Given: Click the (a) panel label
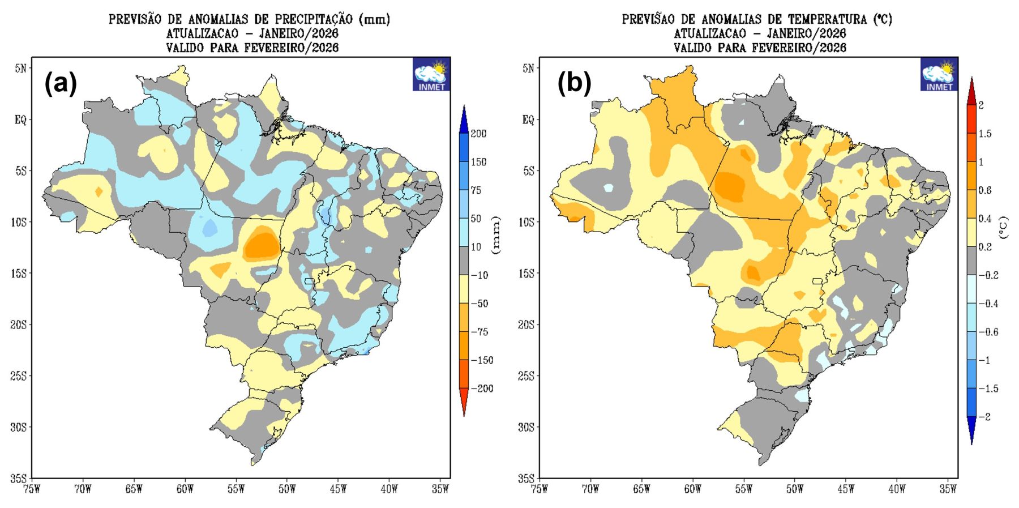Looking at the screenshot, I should click(x=60, y=84).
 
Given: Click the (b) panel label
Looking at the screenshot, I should click(x=573, y=84).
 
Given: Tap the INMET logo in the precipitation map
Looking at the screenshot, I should click(x=431, y=74).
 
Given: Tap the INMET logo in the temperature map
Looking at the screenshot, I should click(x=939, y=74).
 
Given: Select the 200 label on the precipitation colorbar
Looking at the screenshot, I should click(x=478, y=134).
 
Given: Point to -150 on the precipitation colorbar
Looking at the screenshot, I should click(x=481, y=360).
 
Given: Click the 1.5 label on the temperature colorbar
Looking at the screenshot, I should click(x=984, y=134).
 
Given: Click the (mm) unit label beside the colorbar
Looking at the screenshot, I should click(x=496, y=234).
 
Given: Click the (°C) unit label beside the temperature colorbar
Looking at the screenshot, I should click(x=1004, y=227).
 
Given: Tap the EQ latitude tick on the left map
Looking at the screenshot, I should click(x=20, y=120).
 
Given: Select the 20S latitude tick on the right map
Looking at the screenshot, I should click(x=526, y=325).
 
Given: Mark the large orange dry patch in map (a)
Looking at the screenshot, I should click(x=263, y=244).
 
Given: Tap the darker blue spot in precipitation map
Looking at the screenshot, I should click(x=209, y=228).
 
